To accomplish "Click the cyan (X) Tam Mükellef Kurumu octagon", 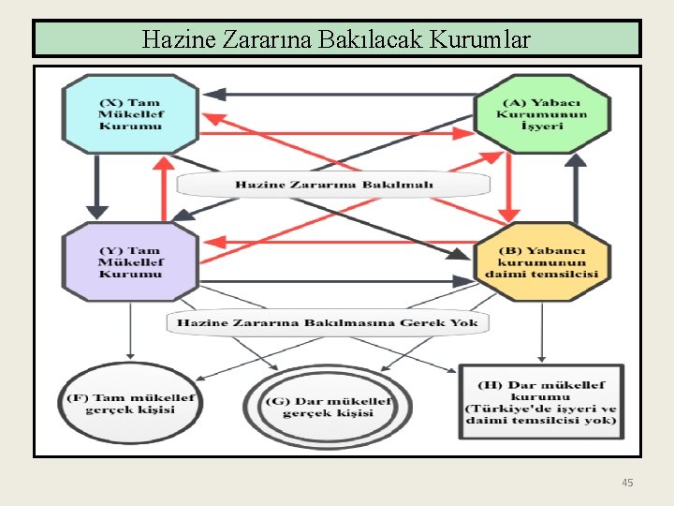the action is pyautogui.click(x=130, y=113).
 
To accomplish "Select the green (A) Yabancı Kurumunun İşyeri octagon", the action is pyautogui.click(x=543, y=114).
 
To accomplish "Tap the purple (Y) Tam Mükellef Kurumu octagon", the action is pyautogui.click(x=130, y=261).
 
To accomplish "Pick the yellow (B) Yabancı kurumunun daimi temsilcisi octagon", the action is pyautogui.click(x=542, y=262).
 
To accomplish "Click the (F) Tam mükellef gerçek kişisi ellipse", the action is pyautogui.click(x=130, y=404).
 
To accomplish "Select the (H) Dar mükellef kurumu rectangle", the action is pyautogui.click(x=541, y=402).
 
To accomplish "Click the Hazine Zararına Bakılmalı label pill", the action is pyautogui.click(x=333, y=185).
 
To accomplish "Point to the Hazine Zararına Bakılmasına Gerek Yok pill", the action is pyautogui.click(x=328, y=322).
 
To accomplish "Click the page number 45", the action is pyautogui.click(x=627, y=483).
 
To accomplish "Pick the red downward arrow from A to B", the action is pyautogui.click(x=508, y=187).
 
